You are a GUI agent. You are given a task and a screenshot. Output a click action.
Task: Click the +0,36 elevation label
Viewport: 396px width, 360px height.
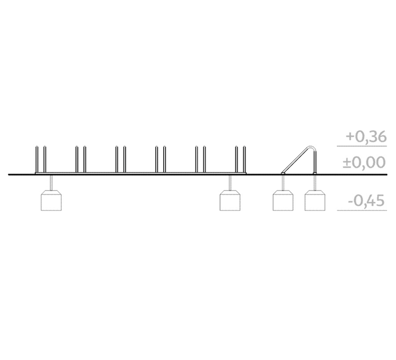pos(366,137)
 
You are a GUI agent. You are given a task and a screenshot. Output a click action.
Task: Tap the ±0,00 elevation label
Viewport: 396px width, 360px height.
pos(364,162)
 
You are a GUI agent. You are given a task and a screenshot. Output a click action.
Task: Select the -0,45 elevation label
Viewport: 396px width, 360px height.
pos(366,201)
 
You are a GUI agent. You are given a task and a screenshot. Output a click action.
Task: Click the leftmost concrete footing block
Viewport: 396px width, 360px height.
pos(51,201)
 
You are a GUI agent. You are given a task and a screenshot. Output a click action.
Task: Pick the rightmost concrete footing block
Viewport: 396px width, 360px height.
pos(315,201)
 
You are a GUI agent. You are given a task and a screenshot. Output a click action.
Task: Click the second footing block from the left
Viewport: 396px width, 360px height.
pos(230,201)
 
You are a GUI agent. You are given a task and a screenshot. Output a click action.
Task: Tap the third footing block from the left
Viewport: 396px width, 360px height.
pos(283,201)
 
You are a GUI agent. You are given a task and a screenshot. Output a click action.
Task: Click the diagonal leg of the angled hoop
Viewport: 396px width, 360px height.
pos(296,159)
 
